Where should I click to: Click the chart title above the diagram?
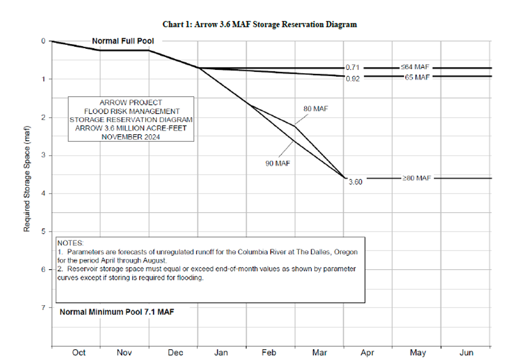click(260, 24)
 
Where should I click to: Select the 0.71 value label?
click(353, 68)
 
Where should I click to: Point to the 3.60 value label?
click(355, 182)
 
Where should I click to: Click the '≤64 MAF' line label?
click(414, 67)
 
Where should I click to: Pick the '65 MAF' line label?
click(417, 76)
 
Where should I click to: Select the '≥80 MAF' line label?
click(416, 178)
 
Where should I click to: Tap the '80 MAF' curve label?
click(316, 109)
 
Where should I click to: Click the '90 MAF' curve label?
click(278, 164)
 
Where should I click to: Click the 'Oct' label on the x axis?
click(79, 352)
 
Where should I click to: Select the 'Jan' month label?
click(221, 352)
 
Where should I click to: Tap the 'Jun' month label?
click(466, 352)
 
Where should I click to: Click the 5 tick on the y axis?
click(43, 232)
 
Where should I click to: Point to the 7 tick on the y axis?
click(43, 308)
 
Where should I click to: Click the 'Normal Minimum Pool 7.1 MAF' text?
click(117, 312)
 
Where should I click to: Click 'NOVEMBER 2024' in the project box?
click(131, 136)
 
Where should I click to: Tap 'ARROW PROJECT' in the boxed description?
click(131, 102)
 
